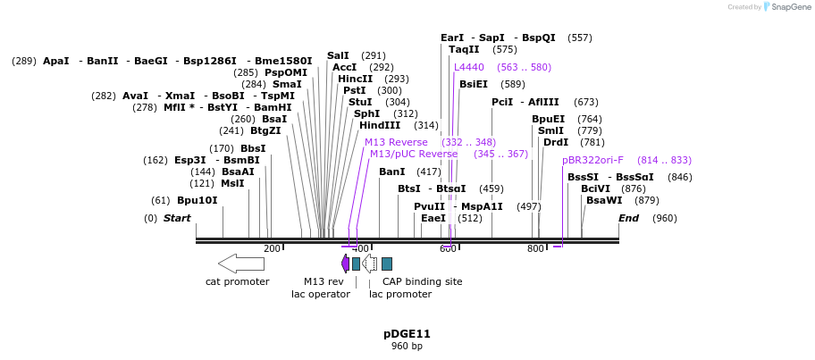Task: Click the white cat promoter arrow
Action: [x=240, y=264]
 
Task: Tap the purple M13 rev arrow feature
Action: [x=345, y=264]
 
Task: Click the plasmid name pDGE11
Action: [x=407, y=334]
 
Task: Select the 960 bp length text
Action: [x=407, y=347]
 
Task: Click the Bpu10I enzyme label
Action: [x=197, y=200]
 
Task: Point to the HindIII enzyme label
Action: [x=381, y=125]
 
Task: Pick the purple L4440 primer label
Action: [x=468, y=67]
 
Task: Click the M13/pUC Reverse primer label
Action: [x=414, y=154]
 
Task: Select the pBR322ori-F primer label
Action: [x=592, y=160]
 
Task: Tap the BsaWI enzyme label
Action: [x=604, y=200]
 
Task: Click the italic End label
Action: [x=628, y=218]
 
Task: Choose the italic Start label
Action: [x=177, y=218]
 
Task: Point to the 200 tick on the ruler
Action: [x=272, y=248]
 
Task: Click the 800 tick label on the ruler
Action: [x=535, y=248]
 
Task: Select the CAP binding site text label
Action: [x=422, y=281]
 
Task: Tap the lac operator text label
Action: [x=321, y=294]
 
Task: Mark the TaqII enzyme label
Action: [x=464, y=49]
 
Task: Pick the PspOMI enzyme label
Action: [x=286, y=72]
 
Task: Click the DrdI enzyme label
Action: [x=556, y=142]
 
